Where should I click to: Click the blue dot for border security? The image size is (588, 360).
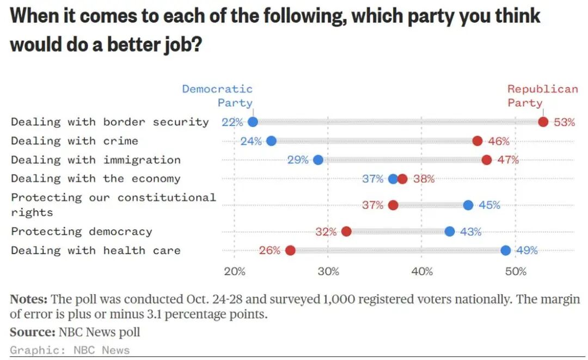253,122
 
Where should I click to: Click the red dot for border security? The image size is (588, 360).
543,122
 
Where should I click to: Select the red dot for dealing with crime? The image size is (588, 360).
477,141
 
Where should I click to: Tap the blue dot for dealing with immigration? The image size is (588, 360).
318,160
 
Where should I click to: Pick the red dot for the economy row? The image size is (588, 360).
402,179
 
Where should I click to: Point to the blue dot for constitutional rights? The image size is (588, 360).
468,205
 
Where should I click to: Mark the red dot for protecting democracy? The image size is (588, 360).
346,231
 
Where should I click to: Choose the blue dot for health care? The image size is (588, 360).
506,251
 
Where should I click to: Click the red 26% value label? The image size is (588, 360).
269,251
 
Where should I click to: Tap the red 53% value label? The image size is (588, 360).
564,122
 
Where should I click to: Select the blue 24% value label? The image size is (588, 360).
251,141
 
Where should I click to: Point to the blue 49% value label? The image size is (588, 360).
526,251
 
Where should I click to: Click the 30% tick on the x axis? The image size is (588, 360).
328,271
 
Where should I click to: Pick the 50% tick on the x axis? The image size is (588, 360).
515,271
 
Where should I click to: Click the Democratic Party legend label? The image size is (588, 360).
218,95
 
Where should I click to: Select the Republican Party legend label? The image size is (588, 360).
542,95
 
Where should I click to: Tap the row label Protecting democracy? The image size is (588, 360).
82,231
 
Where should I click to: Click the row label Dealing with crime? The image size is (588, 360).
75,141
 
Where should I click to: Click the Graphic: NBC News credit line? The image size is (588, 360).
70,350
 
